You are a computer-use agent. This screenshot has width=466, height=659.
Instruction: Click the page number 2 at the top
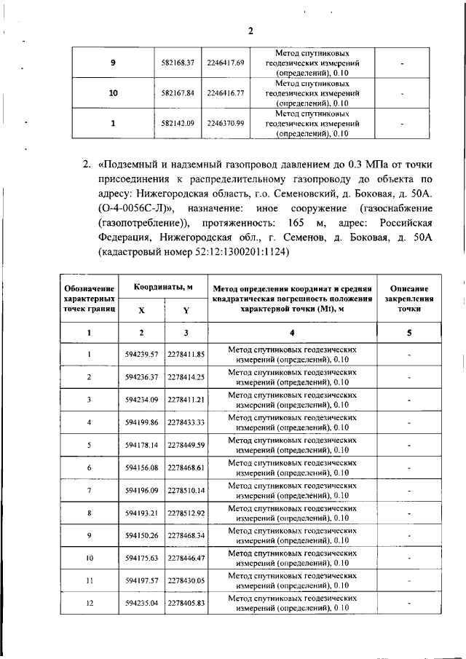[249, 31]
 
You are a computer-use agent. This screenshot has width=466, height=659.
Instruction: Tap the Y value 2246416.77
[225, 93]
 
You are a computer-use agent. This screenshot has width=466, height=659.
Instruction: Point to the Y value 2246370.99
[225, 123]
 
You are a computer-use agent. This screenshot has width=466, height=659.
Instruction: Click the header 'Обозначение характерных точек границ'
[90, 299]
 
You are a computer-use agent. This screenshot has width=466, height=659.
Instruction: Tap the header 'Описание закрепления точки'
[409, 299]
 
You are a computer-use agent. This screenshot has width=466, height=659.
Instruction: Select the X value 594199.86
[142, 422]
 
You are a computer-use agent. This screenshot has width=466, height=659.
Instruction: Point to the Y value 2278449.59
[186, 445]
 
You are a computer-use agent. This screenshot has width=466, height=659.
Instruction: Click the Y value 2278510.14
[186, 490]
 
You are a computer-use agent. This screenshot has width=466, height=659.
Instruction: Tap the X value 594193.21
[142, 513]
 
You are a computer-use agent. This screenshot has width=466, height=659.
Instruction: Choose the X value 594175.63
[142, 558]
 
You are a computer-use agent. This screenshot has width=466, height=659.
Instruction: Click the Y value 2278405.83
[186, 604]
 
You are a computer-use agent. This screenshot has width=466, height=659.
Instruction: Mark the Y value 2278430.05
[186, 581]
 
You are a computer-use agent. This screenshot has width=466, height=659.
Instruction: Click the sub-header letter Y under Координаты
[186, 310]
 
